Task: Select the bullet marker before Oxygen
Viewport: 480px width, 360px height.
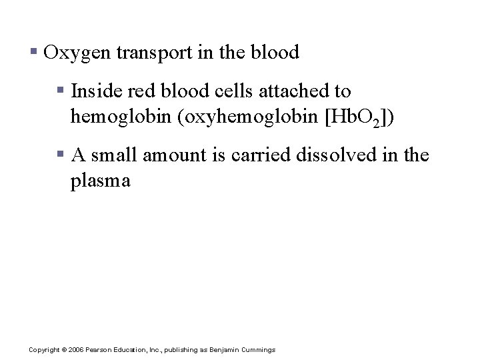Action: tap(33, 51)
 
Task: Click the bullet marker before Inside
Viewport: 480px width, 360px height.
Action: tap(61, 89)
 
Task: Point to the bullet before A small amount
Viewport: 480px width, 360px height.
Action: tap(61, 155)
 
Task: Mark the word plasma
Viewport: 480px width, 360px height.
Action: tap(101, 181)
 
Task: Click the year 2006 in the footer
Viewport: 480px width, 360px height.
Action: tap(75, 350)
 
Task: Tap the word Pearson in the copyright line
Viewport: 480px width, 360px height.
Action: tap(99, 350)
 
